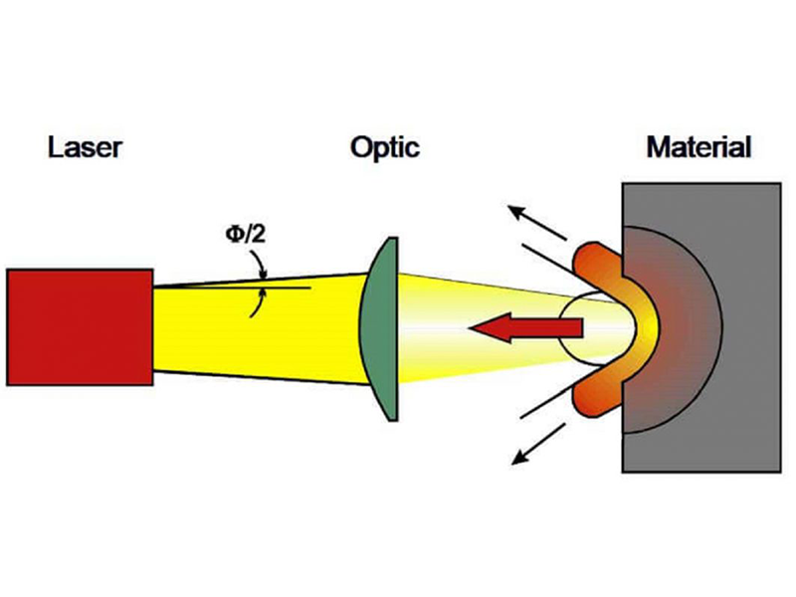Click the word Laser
[86, 149]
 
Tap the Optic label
[384, 149]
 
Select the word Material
[698, 149]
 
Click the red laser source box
[80, 325]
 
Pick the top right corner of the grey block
[779, 183]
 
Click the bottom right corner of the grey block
[779, 472]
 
